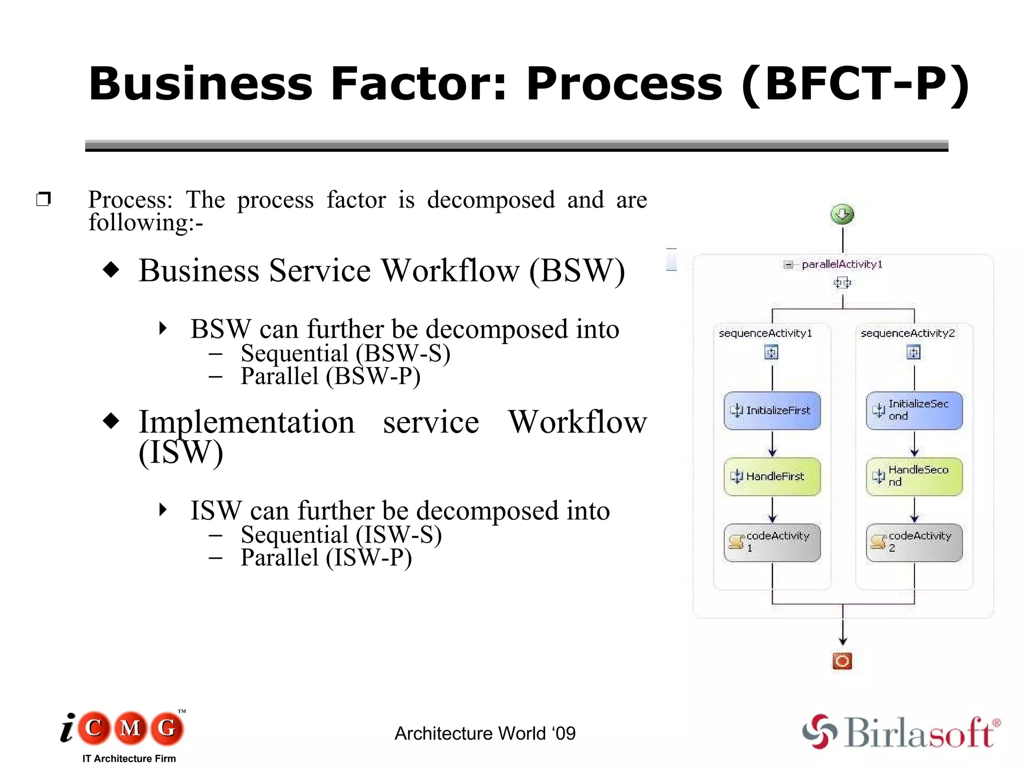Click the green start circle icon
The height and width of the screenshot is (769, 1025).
tap(842, 215)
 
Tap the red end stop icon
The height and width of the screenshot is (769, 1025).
tap(842, 661)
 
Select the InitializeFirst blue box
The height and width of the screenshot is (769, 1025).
tap(772, 411)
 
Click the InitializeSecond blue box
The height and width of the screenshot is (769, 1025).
tap(914, 411)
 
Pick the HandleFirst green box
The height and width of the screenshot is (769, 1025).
tap(772, 477)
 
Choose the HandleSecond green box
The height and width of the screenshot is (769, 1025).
tap(914, 477)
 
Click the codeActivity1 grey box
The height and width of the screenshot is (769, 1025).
tap(772, 543)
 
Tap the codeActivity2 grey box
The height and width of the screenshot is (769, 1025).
tap(914, 543)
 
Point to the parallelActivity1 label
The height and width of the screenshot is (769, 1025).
tap(842, 264)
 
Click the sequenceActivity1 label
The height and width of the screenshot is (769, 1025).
tap(765, 333)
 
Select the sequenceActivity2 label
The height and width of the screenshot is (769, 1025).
tap(907, 333)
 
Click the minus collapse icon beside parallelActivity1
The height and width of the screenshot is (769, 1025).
tap(788, 265)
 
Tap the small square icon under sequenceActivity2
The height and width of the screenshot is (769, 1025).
tap(914, 353)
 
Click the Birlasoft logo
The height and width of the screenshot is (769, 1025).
tap(901, 732)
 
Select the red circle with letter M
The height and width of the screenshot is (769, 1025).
tap(131, 728)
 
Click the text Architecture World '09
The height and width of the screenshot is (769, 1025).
tap(485, 733)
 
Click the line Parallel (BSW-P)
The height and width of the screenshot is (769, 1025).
tap(330, 376)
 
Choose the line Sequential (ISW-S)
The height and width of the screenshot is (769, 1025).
tap(341, 535)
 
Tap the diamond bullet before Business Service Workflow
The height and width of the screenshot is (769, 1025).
tap(111, 270)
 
